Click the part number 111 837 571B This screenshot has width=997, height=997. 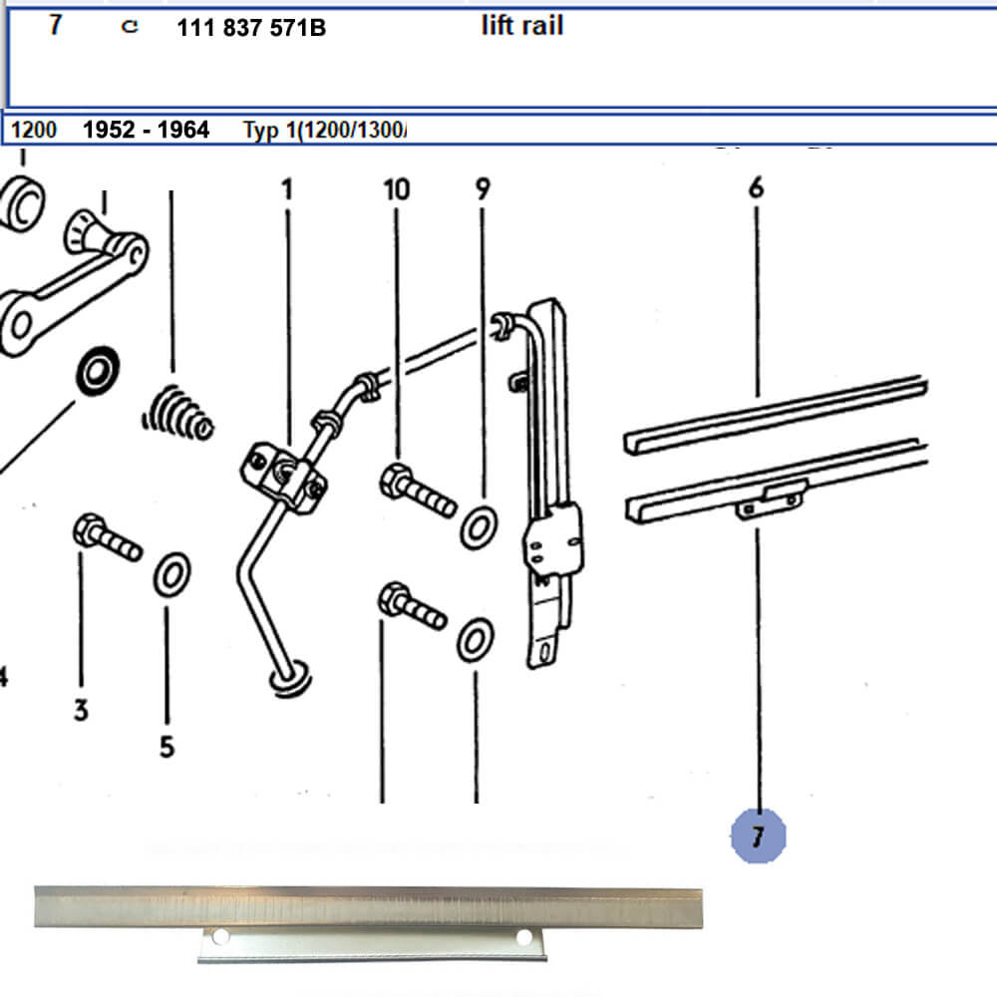click(250, 28)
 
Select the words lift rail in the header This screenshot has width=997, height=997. click(521, 26)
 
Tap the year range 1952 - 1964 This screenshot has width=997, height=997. click(146, 130)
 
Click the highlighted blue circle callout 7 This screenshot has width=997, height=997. click(758, 835)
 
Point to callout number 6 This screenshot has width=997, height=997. click(756, 186)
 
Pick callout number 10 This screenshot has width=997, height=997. click(397, 188)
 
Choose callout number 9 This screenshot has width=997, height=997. click(483, 188)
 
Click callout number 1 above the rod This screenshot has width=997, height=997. click(288, 188)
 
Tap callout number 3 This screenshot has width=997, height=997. click(81, 710)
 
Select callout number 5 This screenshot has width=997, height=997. click(166, 746)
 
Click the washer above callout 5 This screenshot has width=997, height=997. click(171, 575)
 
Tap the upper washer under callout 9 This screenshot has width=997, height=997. click(481, 526)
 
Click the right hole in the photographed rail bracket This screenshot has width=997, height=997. click(524, 937)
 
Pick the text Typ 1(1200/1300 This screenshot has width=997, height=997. click(325, 130)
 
